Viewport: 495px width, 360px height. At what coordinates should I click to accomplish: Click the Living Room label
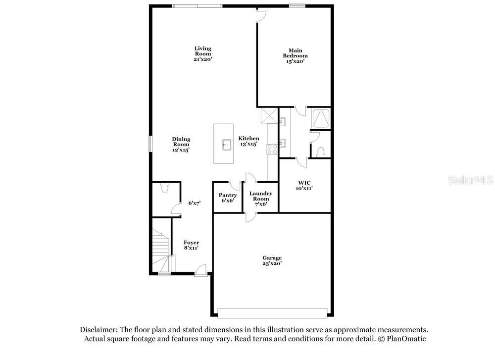[202, 51]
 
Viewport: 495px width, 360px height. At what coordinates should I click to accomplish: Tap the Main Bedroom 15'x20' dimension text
[295, 61]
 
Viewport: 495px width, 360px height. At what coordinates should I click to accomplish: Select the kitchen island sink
[227, 145]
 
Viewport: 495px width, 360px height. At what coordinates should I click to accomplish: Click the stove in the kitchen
[272, 150]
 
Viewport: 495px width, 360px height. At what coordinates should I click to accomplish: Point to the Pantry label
[228, 195]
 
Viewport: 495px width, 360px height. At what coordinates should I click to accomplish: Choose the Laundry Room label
[261, 196]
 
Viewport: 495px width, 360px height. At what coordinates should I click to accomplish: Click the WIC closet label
[304, 183]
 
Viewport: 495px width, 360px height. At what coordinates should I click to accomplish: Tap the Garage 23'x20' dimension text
[272, 263]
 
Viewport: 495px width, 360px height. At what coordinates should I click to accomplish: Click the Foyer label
[191, 243]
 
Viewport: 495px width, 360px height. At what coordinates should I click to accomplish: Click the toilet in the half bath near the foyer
[164, 188]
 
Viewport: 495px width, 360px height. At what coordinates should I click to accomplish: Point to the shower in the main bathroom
[320, 118]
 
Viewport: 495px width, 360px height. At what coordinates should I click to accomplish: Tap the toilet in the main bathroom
[321, 152]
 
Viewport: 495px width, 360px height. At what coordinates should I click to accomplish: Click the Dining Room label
[181, 142]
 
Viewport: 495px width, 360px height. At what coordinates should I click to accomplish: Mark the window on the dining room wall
[150, 144]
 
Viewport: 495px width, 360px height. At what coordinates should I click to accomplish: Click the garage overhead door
[272, 313]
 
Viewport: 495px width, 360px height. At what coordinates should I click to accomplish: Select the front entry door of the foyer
[201, 271]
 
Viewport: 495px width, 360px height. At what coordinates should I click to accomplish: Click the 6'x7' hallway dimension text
[195, 203]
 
